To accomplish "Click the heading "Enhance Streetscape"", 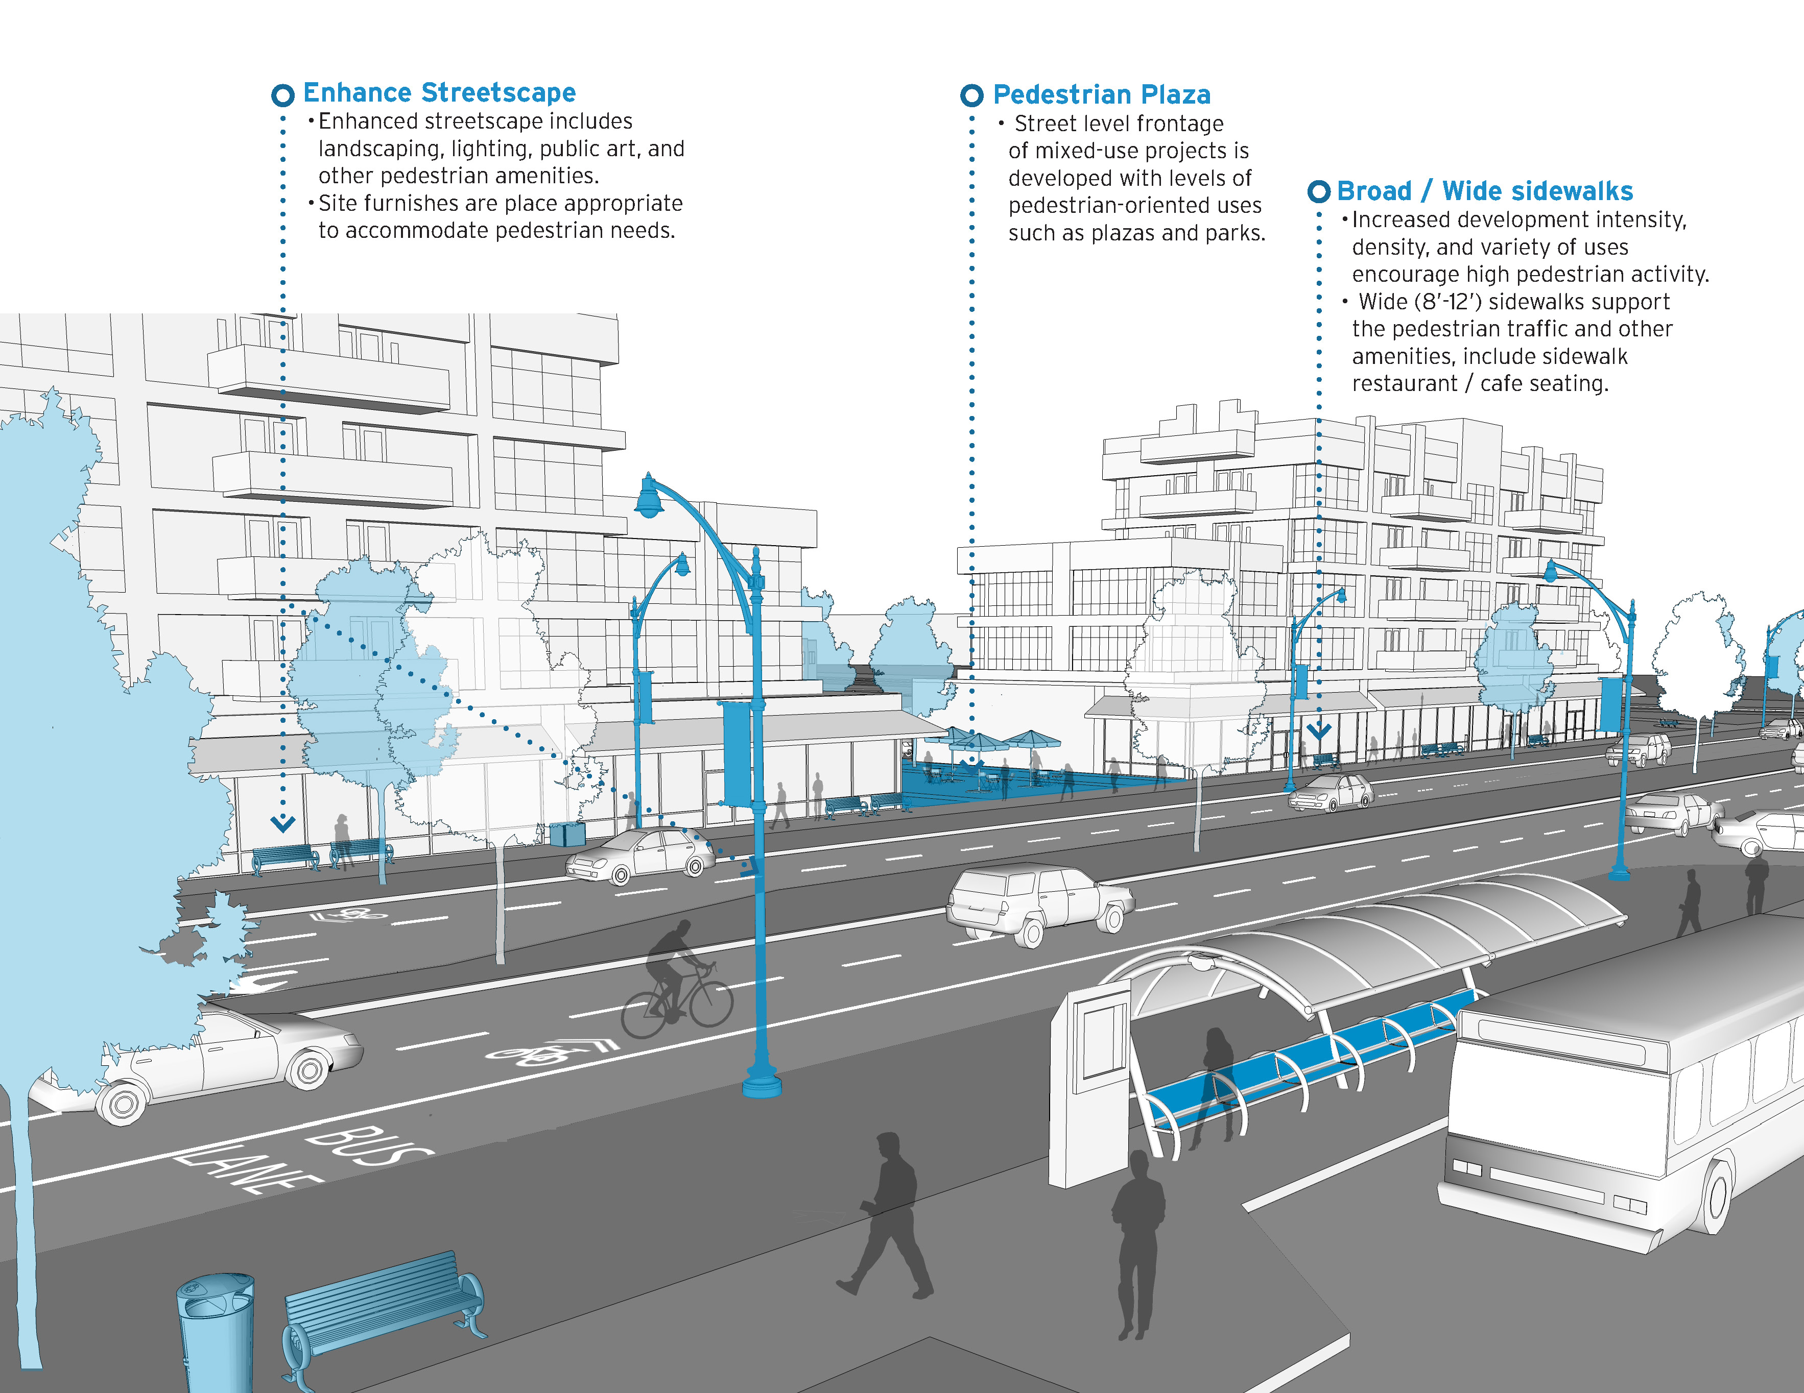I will tap(439, 92).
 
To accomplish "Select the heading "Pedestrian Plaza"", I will tap(1101, 95).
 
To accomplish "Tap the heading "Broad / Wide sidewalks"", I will tap(1484, 191).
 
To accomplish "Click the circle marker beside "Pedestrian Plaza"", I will tap(971, 96).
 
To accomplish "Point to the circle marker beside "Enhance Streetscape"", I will tap(282, 95).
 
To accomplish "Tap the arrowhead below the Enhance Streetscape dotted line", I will tap(282, 824).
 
